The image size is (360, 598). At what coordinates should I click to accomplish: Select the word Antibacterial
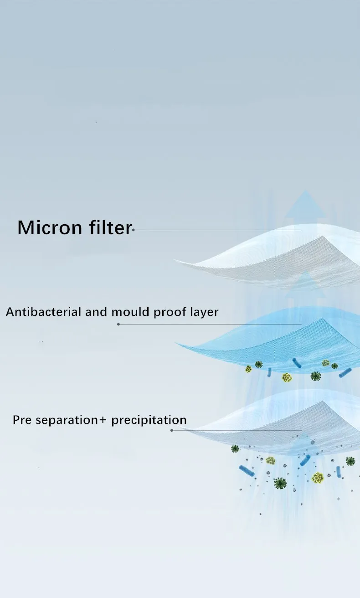pos(43,312)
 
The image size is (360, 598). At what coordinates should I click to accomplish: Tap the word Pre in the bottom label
pos(22,420)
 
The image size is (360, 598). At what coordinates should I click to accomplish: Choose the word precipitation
pos(149,420)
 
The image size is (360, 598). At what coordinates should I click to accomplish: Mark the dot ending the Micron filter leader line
pos(134,230)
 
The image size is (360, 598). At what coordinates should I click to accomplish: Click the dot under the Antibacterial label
pos(118,324)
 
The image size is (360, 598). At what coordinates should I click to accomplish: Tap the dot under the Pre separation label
pos(172,430)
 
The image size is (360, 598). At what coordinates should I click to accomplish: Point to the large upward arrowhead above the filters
pos(306,203)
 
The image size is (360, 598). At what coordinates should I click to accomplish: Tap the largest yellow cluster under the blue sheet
pos(287,377)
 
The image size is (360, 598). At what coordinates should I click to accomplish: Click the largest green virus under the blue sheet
pos(316,376)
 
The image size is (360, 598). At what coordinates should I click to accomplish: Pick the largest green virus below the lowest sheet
pos(280,483)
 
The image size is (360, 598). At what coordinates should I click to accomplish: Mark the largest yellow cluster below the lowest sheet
pos(318,478)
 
